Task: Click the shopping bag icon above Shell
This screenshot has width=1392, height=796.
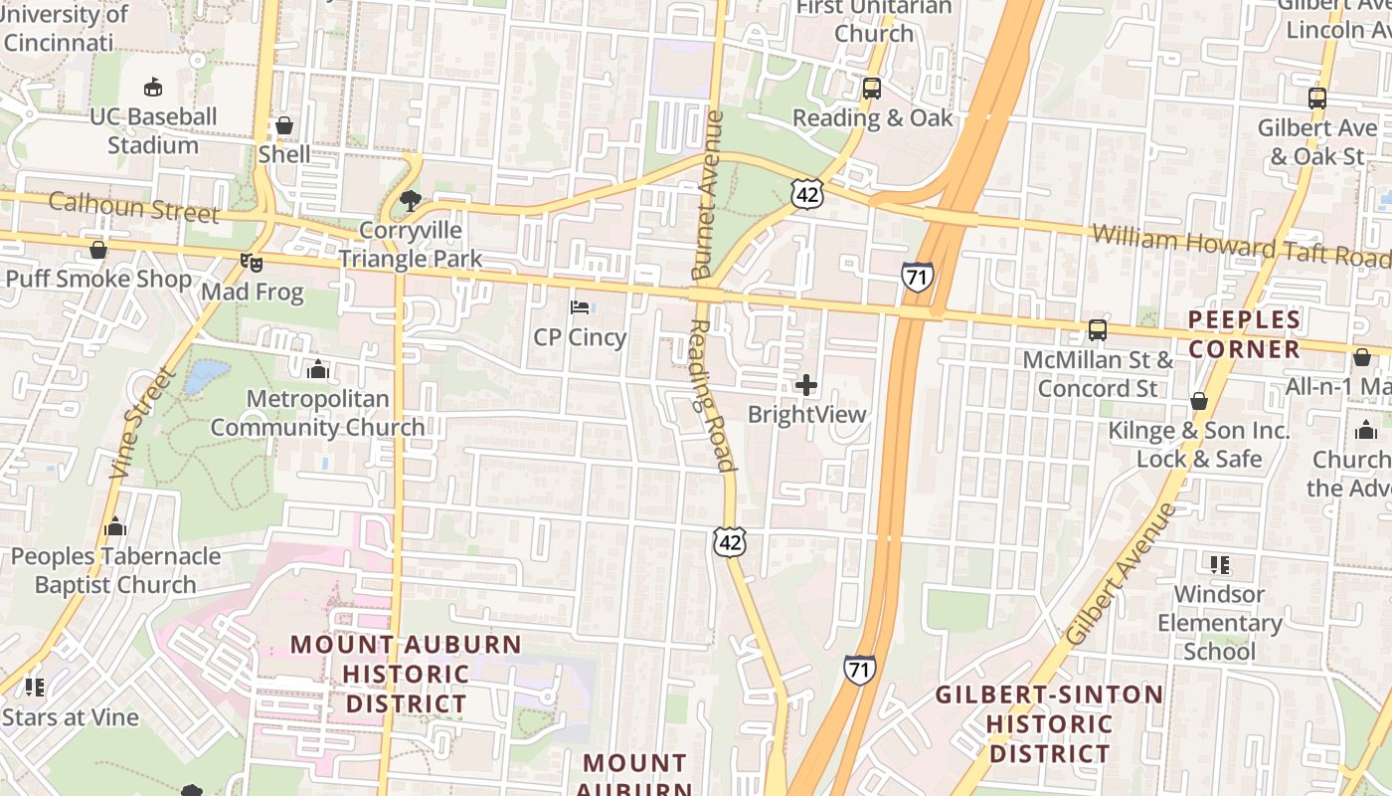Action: (284, 125)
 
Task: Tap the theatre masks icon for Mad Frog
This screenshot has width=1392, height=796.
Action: (252, 263)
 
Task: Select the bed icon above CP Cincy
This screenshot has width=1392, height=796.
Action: (580, 307)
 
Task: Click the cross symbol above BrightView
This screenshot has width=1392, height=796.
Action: (806, 384)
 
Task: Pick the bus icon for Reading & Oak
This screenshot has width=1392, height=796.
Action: (872, 89)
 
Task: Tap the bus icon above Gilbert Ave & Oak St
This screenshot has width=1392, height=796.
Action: (1317, 99)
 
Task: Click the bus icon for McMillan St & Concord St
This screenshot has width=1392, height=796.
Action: (1098, 330)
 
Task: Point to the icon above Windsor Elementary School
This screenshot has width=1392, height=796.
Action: (1220, 565)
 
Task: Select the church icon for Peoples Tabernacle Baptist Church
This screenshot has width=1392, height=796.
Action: (115, 526)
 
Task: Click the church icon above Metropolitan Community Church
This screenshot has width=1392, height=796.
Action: (318, 369)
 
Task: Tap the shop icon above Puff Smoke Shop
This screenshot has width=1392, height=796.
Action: (98, 250)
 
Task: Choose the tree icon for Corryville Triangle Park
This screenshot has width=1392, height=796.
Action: (410, 202)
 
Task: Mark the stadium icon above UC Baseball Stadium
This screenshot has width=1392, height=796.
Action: (153, 88)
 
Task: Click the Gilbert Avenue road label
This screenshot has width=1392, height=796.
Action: (1120, 574)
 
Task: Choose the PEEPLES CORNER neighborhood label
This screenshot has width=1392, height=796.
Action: (1244, 334)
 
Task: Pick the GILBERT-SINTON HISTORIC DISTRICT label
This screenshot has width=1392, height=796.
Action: (1049, 723)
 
